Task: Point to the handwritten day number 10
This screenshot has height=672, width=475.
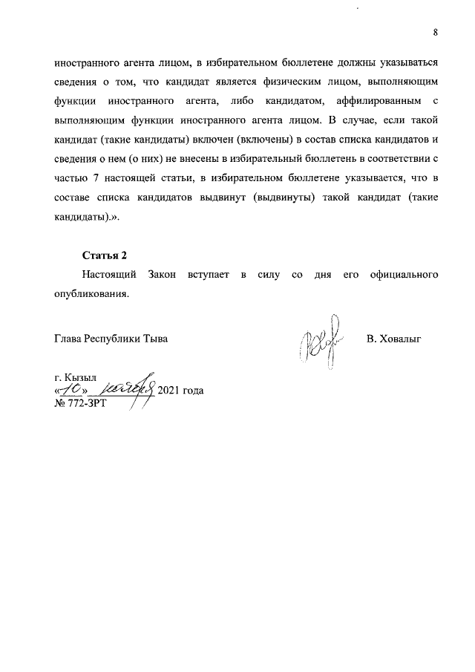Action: (x=73, y=388)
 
